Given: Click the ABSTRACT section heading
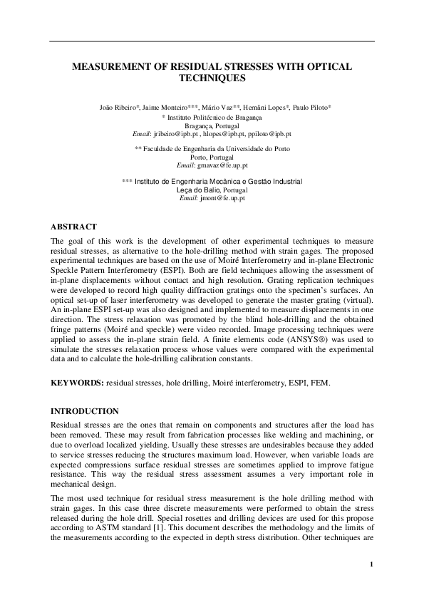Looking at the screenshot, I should (x=73, y=227).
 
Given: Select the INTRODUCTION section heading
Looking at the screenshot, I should (x=84, y=411).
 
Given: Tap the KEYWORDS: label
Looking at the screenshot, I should (x=77, y=383).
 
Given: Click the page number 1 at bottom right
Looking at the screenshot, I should (x=372, y=564).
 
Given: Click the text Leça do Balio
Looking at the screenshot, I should (x=198, y=190).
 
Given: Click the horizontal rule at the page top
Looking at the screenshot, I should (x=212, y=41).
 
